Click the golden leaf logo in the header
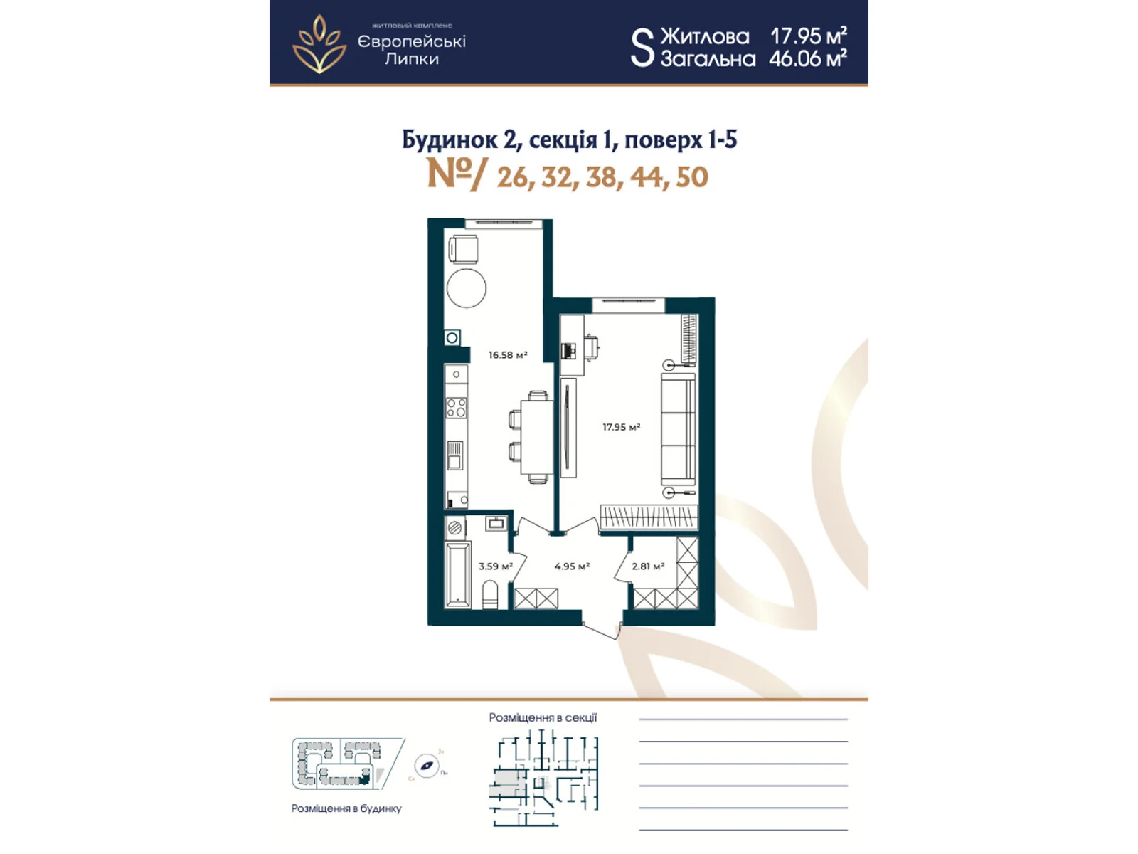[319, 44]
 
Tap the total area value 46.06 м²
[807, 58]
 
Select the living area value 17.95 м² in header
[808, 36]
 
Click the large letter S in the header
[642, 48]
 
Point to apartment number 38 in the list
[602, 177]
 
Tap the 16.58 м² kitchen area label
[507, 354]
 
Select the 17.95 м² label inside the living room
[621, 427]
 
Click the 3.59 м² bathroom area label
[495, 566]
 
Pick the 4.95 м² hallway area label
[572, 566]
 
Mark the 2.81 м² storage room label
[648, 566]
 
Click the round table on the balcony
[467, 288]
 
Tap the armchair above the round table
[463, 250]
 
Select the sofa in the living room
[678, 430]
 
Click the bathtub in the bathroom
[457, 575]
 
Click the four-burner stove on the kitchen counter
[456, 407]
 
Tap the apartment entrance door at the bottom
[602, 629]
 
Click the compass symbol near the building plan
[427, 766]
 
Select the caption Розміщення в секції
[543, 717]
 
